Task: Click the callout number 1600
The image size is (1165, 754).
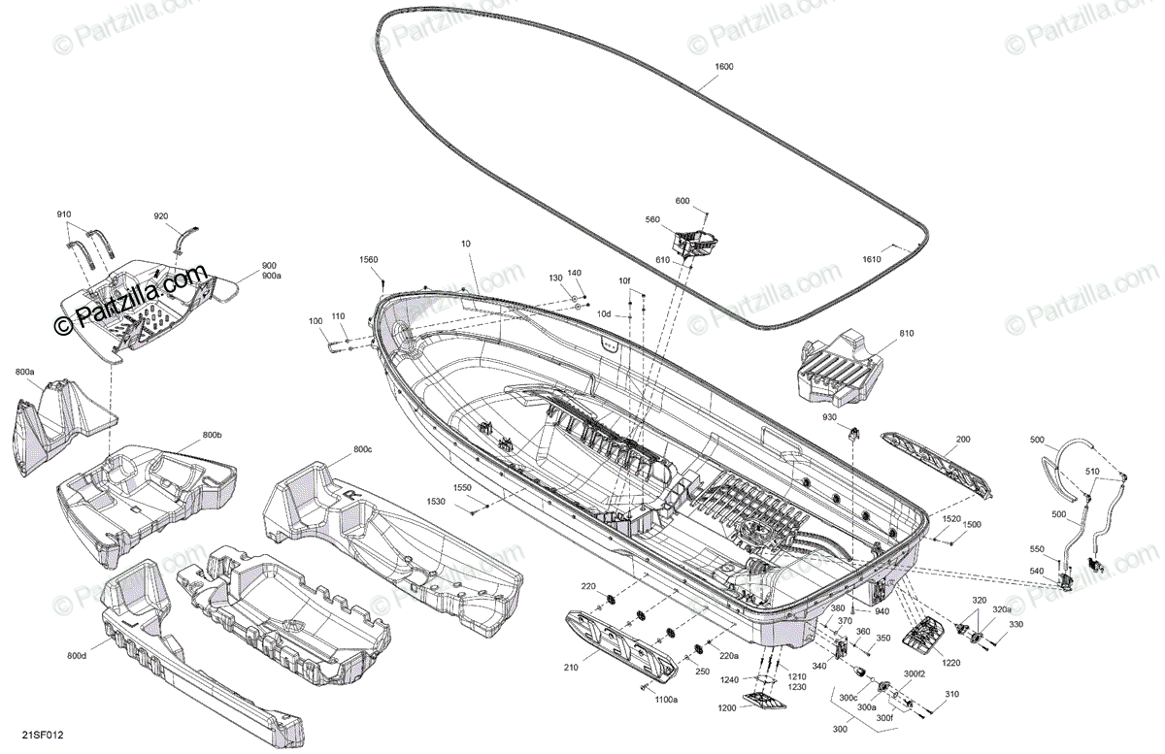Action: pyautogui.click(x=723, y=67)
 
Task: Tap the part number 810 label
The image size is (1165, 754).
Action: pyautogui.click(x=906, y=334)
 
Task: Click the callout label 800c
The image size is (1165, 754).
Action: pyautogui.click(x=363, y=449)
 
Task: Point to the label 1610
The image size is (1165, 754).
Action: pyautogui.click(x=871, y=259)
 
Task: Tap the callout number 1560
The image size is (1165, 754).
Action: pyautogui.click(x=368, y=260)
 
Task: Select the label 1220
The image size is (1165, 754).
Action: pyautogui.click(x=950, y=663)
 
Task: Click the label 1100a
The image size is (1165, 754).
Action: pyautogui.click(x=666, y=699)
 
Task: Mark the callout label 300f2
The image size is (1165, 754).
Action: pyautogui.click(x=914, y=672)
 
